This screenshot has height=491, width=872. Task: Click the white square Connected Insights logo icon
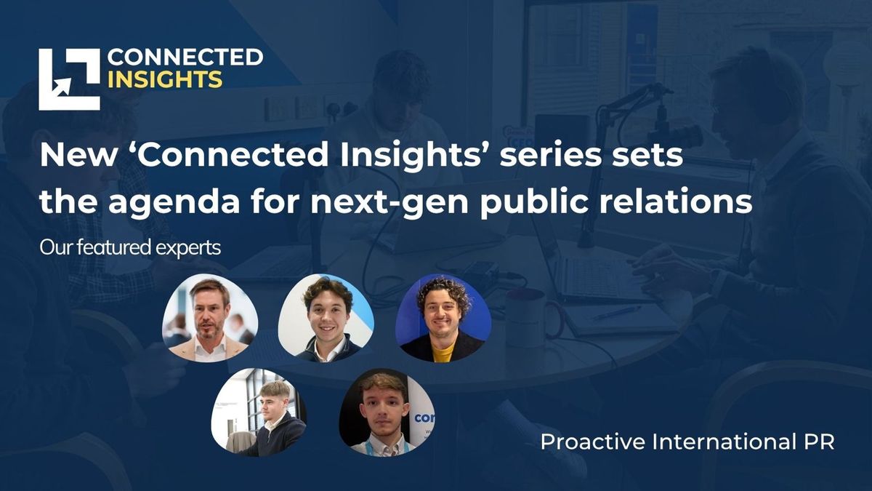[x=69, y=79]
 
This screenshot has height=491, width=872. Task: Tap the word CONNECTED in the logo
[x=185, y=57]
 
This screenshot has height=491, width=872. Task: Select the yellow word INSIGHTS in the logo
[x=165, y=80]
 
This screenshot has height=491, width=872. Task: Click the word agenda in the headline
[x=174, y=202]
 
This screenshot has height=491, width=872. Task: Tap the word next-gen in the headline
[x=389, y=202]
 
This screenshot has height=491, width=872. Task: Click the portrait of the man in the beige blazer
[x=210, y=318]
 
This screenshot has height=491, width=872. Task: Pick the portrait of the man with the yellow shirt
[x=443, y=318]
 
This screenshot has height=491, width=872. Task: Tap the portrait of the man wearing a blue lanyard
[x=387, y=412]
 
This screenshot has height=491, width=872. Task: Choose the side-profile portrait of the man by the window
[x=259, y=412]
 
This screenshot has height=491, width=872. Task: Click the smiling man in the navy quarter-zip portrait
[x=326, y=318]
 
